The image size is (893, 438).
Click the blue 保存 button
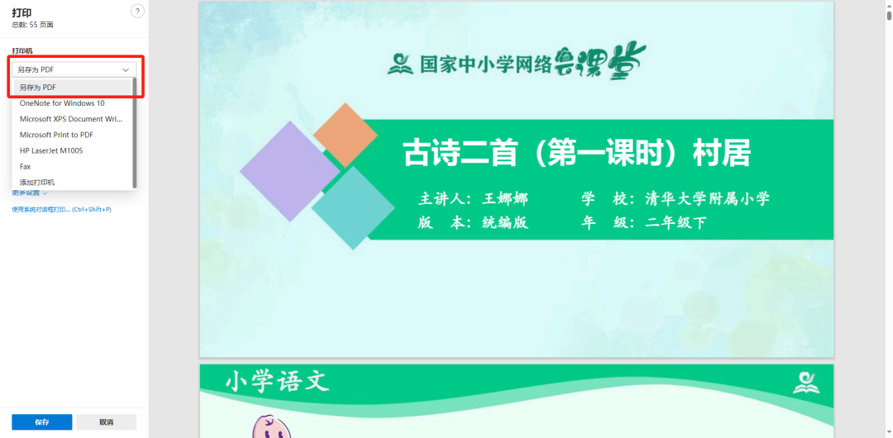tap(41, 421)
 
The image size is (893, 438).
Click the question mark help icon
tap(137, 11)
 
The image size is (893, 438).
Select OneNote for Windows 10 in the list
tap(62, 103)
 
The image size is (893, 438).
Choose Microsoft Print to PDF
tap(56, 135)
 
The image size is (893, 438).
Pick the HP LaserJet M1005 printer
tap(51, 150)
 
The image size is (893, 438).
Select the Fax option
tap(26, 166)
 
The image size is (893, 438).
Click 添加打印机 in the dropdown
tap(37, 182)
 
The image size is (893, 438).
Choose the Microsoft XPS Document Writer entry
tap(71, 119)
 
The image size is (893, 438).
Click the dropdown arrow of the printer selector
tap(126, 70)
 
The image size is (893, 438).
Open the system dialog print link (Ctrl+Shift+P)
tap(61, 210)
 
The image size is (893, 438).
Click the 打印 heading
tap(21, 12)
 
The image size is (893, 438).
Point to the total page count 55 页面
tap(32, 25)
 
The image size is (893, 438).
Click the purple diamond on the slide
tap(289, 171)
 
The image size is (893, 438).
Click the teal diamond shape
tap(353, 207)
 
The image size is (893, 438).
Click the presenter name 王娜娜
tap(504, 199)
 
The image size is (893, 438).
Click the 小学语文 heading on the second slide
tap(277, 382)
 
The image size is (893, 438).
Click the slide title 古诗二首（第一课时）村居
tap(576, 154)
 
